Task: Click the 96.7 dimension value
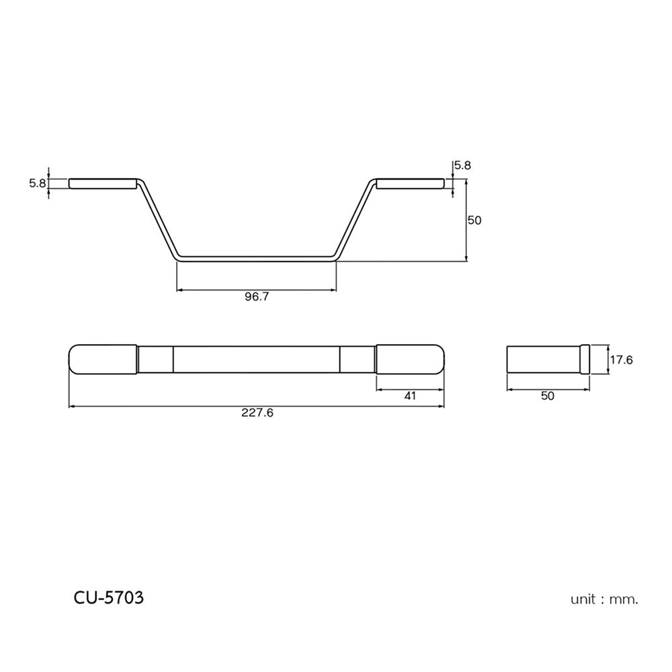click(256, 297)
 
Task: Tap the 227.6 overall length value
click(257, 413)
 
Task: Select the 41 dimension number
click(410, 396)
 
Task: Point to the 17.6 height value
click(621, 360)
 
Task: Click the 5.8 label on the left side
click(37, 183)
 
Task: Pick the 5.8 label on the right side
click(463, 165)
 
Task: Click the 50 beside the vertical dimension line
click(474, 220)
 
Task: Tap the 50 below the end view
click(548, 396)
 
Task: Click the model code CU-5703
click(108, 597)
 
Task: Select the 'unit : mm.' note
click(604, 599)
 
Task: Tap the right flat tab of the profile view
click(410, 183)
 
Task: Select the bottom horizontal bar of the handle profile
click(256, 257)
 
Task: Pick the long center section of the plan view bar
click(256, 359)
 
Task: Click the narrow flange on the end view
click(585, 359)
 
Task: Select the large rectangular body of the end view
click(543, 359)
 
